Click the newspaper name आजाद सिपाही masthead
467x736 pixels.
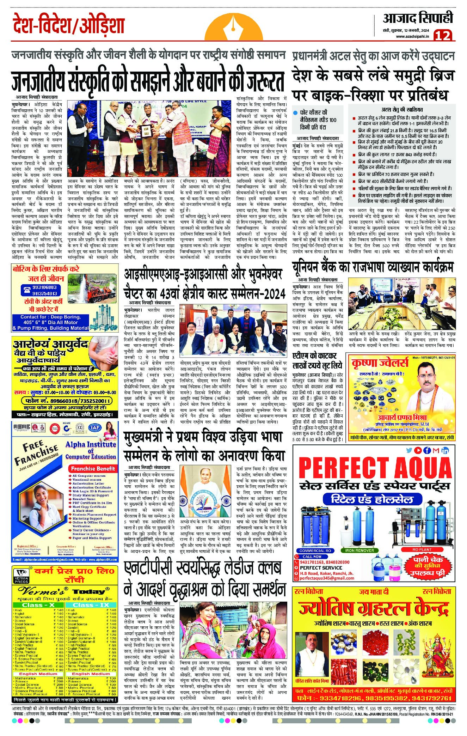pyautogui.click(x=418, y=18)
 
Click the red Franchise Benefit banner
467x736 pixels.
pyautogui.click(x=93, y=469)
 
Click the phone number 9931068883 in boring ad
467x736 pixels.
pyautogui.click(x=39, y=288)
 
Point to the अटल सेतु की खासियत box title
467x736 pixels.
pyautogui.click(x=402, y=110)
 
